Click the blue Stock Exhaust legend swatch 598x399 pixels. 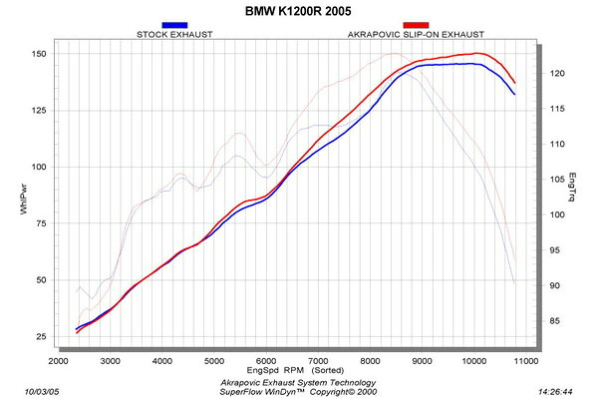click(x=174, y=25)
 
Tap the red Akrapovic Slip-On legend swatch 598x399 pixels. click(x=416, y=25)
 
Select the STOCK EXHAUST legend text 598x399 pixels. click(x=174, y=34)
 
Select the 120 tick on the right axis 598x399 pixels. click(x=559, y=74)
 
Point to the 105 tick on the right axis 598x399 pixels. click(x=559, y=180)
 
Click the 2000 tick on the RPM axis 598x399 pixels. click(x=58, y=361)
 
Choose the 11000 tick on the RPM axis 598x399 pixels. click(x=525, y=361)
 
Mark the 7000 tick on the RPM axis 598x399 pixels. click(x=318, y=361)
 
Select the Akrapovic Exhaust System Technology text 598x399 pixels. click(x=299, y=381)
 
